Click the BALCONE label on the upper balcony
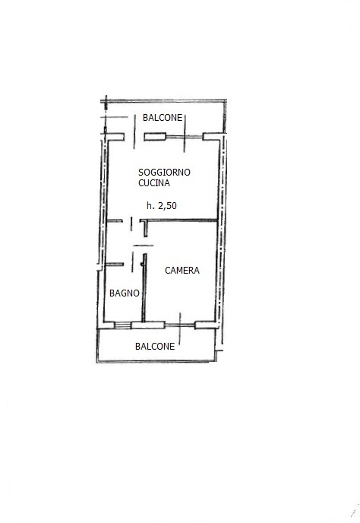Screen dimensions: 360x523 [x=163, y=117]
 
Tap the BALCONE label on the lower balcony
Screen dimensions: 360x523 [x=155, y=346]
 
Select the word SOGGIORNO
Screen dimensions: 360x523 [x=164, y=172]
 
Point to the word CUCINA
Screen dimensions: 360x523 [x=154, y=182]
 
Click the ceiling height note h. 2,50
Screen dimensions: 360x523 [x=162, y=205]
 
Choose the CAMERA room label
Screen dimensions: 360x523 [x=182, y=270]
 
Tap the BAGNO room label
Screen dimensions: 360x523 [x=125, y=293]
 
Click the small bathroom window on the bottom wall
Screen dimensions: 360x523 [x=123, y=325]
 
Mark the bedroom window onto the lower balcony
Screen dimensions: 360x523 [x=180, y=325]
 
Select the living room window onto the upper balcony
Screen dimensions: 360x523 [x=185, y=137]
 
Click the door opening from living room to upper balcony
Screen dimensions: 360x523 [x=134, y=137]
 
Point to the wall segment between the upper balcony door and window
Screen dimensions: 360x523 [x=155, y=137]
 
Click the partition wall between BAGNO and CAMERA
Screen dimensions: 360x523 [x=144, y=288]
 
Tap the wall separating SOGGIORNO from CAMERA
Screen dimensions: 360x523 [x=182, y=220]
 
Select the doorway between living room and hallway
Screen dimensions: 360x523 [x=131, y=223]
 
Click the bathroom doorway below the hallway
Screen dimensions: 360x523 [x=132, y=260]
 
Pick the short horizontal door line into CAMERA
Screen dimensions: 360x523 [x=144, y=246]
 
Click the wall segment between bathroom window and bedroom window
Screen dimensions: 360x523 [x=148, y=325]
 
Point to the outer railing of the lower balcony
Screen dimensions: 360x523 [x=156, y=361]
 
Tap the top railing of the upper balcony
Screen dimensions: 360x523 [x=163, y=101]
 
